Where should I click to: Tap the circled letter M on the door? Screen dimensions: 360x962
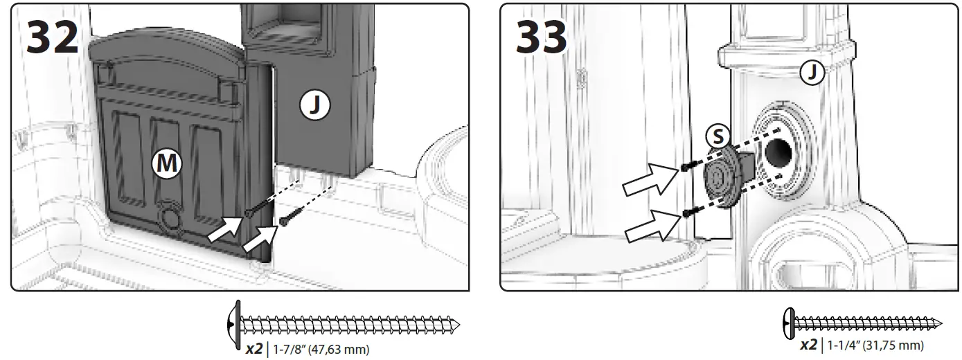point(166,163)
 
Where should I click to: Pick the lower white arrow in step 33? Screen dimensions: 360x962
point(650,226)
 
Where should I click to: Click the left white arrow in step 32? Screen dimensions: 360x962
point(228,231)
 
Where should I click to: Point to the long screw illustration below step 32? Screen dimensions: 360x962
point(342,323)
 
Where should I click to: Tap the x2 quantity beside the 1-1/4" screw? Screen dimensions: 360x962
point(809,345)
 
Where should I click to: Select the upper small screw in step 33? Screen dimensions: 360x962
point(685,167)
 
